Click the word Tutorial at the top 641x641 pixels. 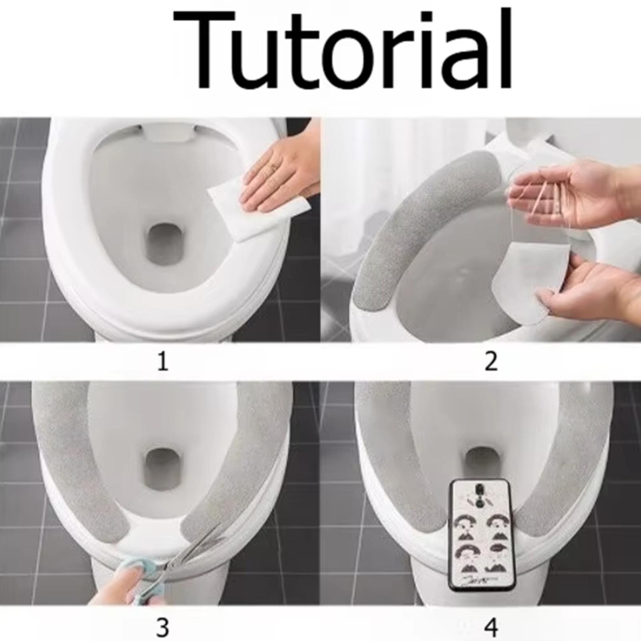(343, 50)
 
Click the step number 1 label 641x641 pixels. (162, 361)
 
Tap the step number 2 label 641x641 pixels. (491, 361)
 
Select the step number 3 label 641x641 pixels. (162, 628)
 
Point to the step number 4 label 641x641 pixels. (491, 628)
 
